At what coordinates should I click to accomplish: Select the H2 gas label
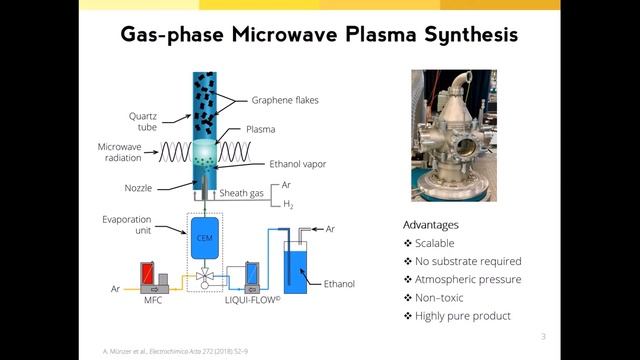(287, 204)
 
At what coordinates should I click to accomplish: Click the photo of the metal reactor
(453, 135)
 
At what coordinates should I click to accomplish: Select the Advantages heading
(430, 225)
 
